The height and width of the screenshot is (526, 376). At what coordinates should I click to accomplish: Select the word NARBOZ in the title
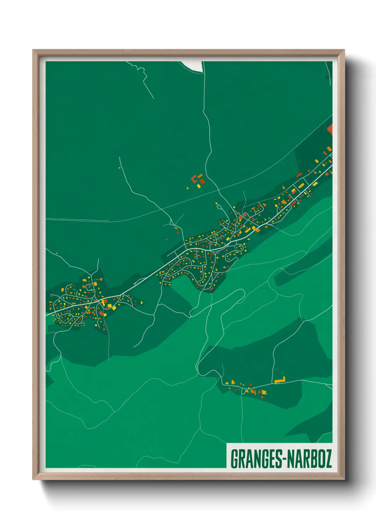[x=309, y=459]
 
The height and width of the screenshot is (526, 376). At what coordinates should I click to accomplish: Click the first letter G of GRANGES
[x=235, y=459]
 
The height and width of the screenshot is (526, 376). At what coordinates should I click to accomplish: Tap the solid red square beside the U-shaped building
[x=202, y=181]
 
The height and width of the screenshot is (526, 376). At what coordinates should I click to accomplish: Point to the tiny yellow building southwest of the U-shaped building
[x=188, y=188]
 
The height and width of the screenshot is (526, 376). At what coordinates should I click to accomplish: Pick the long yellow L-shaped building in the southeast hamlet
[x=280, y=380]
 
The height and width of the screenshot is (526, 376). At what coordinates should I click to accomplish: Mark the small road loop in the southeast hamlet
[x=243, y=391]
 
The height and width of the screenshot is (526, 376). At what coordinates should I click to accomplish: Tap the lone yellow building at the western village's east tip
[x=142, y=302]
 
